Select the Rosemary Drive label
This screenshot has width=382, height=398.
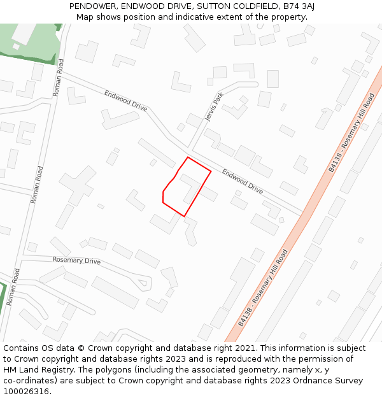[76, 261]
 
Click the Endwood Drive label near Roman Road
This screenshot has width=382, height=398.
[125, 101]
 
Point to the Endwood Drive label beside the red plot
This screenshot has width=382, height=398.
[242, 181]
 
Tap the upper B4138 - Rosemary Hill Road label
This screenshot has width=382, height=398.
[351, 133]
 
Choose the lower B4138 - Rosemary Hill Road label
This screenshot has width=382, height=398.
[263, 288]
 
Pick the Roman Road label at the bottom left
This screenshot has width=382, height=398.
[13, 287]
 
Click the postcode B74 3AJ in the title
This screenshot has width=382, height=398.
[300, 6]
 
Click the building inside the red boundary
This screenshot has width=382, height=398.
[191, 187]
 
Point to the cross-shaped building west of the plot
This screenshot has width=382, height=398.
[78, 185]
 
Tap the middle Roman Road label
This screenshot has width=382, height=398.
[37, 185]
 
